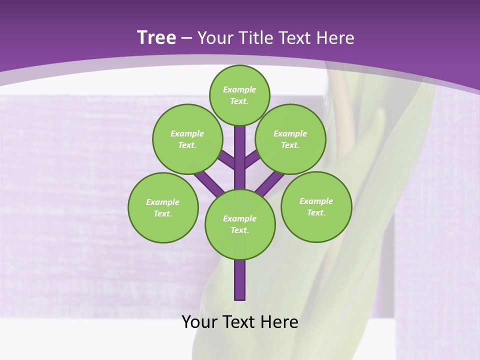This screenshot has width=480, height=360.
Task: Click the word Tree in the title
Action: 156,37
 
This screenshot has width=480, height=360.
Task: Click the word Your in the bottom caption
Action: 199,322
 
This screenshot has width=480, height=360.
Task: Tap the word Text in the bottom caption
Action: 239,322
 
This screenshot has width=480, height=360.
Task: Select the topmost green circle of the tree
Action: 239,95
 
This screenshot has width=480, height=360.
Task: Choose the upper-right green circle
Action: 290,139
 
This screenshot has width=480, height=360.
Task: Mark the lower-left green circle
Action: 163,207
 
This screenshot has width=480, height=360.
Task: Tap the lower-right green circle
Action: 316,206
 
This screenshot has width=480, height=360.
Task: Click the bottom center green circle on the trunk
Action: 240,224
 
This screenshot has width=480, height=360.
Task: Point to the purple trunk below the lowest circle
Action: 240,280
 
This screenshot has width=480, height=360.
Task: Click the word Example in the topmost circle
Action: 239,89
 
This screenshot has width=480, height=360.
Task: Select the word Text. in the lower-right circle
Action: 316,212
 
